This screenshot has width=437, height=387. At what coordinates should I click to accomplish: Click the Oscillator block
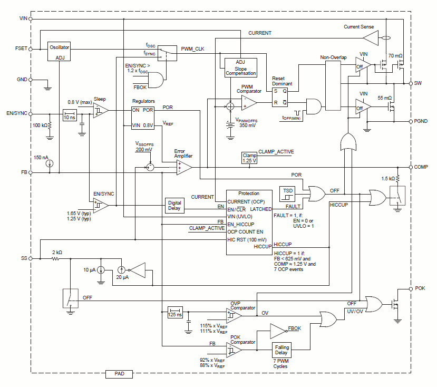click(59, 51)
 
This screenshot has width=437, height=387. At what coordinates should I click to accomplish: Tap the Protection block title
click(249, 193)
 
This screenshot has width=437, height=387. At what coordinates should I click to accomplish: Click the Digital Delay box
click(174, 206)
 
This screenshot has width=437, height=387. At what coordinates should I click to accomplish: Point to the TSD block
click(287, 191)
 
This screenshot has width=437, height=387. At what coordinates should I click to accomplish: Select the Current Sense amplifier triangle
click(370, 37)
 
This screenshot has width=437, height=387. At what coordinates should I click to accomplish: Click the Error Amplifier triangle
click(184, 167)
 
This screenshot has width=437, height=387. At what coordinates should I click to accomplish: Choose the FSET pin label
click(22, 49)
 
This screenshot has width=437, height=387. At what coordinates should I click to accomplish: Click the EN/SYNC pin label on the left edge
click(17, 113)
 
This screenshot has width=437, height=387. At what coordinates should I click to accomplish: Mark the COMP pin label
click(421, 167)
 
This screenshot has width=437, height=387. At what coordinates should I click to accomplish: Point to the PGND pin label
click(421, 121)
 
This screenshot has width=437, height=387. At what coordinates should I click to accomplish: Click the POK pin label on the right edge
click(420, 289)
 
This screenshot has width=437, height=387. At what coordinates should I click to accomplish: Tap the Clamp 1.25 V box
click(249, 158)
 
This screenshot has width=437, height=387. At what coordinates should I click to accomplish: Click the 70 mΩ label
click(395, 55)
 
